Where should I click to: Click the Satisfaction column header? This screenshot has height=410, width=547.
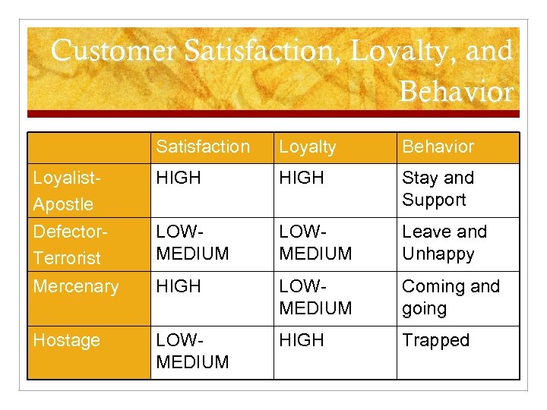[202, 147]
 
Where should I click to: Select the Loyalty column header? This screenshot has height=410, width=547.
[307, 147]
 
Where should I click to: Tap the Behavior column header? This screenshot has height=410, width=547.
[438, 147]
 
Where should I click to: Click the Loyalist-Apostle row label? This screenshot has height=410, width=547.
[63, 191]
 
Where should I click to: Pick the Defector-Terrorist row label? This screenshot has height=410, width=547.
[67, 244]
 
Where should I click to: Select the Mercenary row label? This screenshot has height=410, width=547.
[76, 286]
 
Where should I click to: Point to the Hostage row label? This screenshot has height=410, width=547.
[66, 340]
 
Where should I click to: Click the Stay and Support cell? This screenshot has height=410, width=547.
[438, 188]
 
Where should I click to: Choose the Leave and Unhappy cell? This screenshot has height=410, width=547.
[444, 242]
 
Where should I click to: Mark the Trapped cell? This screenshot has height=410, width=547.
[435, 340]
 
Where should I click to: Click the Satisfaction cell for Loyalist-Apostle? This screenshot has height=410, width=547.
[178, 178]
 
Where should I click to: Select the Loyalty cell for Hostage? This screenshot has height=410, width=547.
[301, 340]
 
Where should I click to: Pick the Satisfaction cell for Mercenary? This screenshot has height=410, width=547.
[178, 286]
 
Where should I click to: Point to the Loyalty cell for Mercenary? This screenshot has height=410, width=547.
[315, 297]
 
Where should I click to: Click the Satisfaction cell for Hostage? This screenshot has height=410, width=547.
[191, 351]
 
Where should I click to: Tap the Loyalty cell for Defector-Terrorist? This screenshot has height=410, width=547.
[315, 242]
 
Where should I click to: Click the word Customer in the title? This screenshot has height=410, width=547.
[114, 52]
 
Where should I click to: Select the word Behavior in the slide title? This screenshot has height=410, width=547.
[456, 92]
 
